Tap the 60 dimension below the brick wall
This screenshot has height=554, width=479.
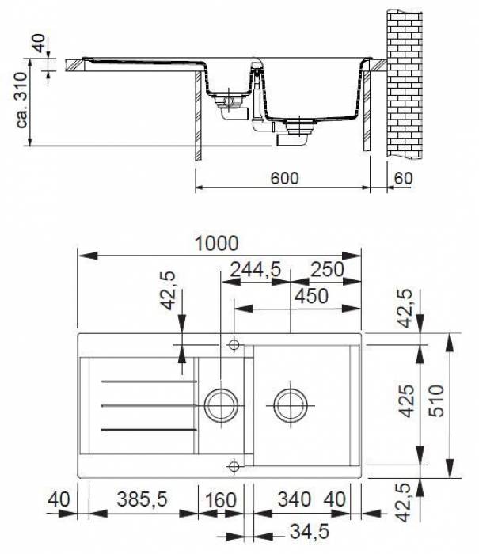pos(403,178)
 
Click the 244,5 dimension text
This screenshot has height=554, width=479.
pos(255,270)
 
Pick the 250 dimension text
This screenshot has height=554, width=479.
pos(327,270)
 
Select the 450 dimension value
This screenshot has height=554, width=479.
pos(312,295)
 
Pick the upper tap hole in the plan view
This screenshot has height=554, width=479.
pos(234,345)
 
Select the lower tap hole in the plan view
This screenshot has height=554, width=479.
pos(234,465)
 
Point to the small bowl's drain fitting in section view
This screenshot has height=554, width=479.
pos(231,105)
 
